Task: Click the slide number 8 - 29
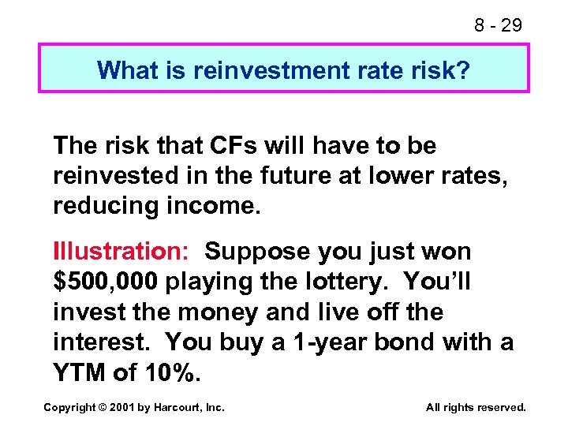coord(498,25)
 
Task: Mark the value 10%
coord(170,373)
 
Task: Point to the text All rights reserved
coord(475,407)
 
